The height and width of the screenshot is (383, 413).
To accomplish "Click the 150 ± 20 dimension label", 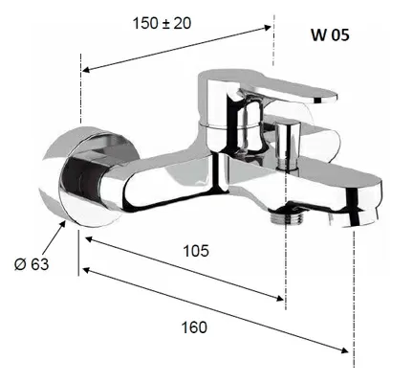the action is coord(162,23).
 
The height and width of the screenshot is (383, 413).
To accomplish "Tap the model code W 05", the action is coord(330,34).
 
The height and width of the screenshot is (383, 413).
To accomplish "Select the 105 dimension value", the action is coord(196,251).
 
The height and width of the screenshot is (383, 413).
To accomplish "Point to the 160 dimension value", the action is coord(194,327).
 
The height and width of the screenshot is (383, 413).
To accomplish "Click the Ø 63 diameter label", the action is coord(32,264).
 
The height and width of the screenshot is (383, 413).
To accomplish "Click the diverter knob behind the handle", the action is coord(288,146).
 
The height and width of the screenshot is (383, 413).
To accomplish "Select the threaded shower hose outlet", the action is coord(286,216).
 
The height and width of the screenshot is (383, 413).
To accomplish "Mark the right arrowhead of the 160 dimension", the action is coord(344,350).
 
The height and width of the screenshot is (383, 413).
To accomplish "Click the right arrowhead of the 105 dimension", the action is coord(279,299).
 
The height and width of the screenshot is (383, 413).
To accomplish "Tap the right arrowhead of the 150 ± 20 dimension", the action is coord(267,28).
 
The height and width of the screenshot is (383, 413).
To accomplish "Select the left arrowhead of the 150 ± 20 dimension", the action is coord(87,70).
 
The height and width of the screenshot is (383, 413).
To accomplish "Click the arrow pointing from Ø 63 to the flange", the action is coord(54,238).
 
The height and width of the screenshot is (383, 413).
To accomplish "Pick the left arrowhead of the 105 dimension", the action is coord(90,238).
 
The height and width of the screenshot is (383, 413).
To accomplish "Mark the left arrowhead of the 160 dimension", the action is coord(87,271).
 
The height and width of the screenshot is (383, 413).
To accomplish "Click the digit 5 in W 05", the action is coord(344,34).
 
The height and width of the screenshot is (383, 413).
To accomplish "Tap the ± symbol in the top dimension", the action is coord(165,24).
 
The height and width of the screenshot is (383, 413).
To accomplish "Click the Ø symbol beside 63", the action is coord(20,264).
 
